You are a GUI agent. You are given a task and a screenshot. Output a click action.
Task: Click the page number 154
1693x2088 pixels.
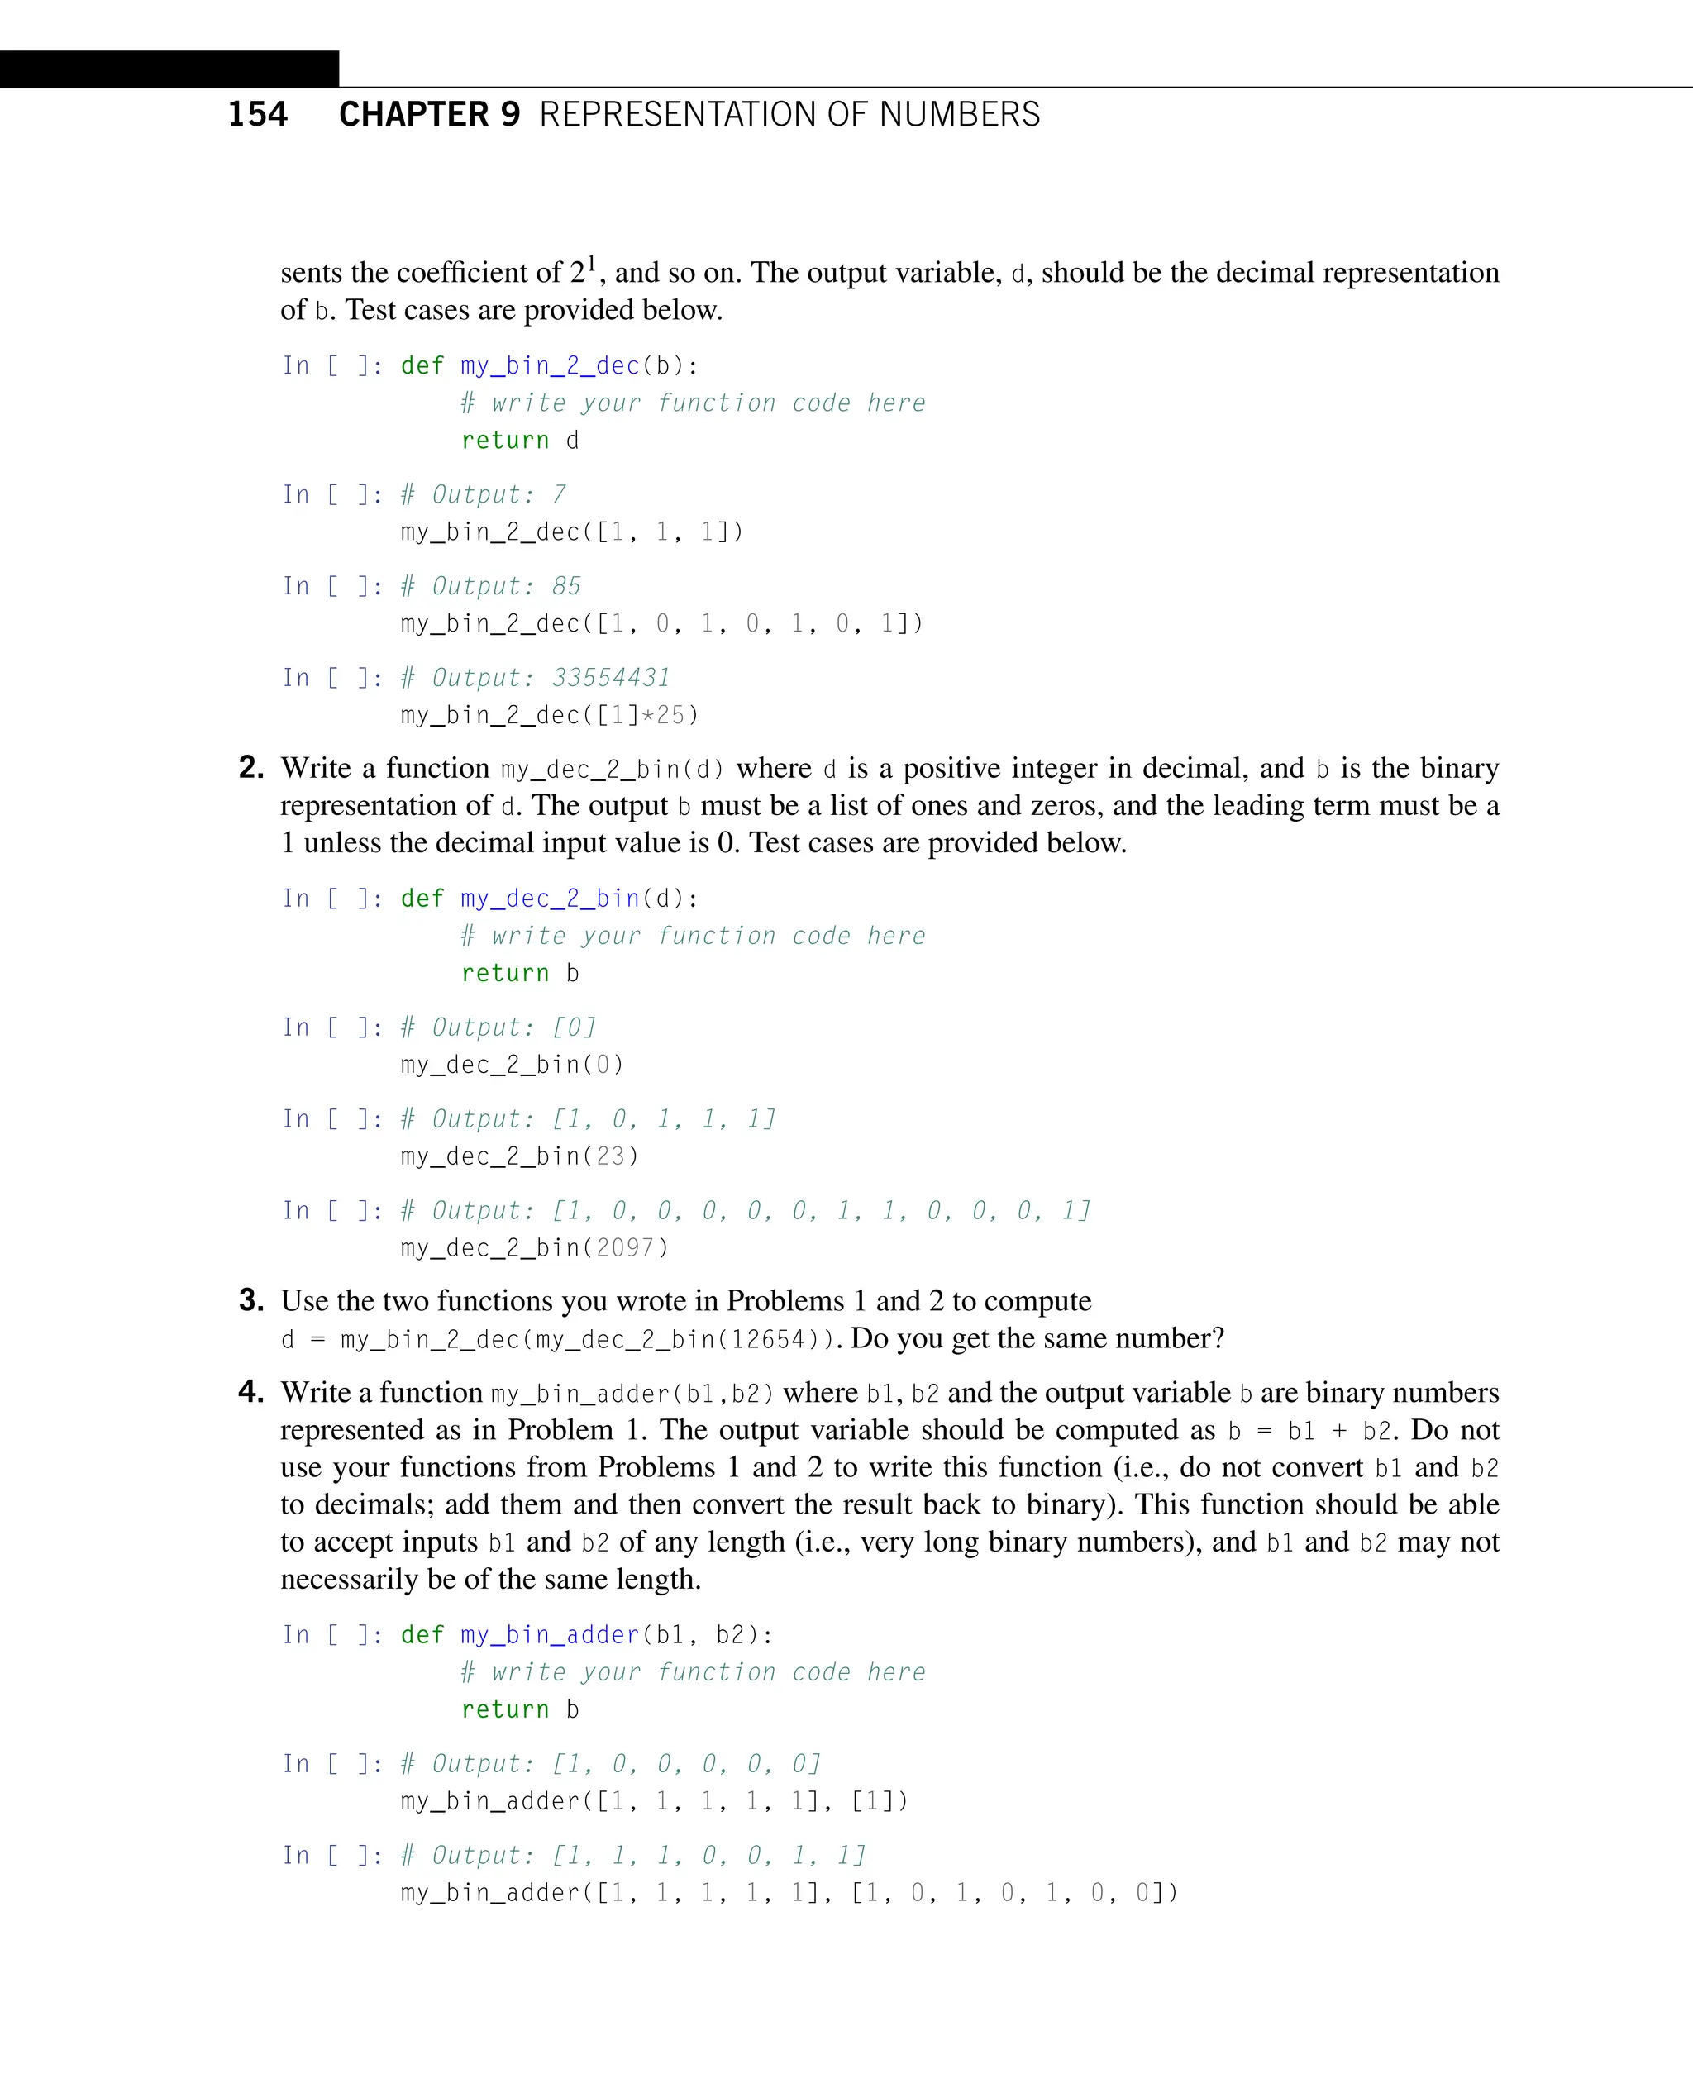[257, 114]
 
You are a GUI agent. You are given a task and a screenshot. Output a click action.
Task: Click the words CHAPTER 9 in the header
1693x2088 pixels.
[429, 114]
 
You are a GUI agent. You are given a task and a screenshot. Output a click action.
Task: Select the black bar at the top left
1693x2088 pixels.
[169, 69]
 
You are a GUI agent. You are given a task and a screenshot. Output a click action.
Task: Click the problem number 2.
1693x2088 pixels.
[250, 768]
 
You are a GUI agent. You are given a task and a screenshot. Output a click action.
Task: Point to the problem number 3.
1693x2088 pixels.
[250, 1300]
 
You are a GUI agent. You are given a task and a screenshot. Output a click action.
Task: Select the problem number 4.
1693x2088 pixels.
[250, 1392]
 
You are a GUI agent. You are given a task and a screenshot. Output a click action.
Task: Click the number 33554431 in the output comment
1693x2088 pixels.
[612, 678]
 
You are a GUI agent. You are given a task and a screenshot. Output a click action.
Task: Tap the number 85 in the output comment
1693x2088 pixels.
[565, 586]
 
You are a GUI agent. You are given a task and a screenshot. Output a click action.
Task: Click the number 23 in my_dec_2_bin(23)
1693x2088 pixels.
[611, 1156]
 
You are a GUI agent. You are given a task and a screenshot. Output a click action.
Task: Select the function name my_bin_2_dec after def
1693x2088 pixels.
[550, 365]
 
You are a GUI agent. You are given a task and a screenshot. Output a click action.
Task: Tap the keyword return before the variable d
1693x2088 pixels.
[505, 441]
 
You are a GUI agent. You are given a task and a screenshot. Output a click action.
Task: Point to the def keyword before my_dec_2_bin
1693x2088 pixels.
[422, 899]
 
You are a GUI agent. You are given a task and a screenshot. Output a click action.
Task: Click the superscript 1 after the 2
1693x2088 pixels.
[591, 262]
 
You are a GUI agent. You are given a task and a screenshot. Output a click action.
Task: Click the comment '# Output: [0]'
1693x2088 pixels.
[498, 1027]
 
